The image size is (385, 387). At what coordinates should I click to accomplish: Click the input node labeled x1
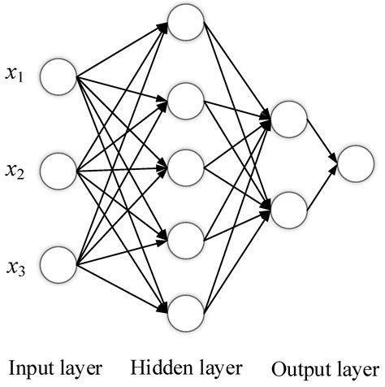[x=58, y=76]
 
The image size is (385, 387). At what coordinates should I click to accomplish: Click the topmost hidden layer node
[x=186, y=25]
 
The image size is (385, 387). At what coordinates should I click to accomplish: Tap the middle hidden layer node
[x=186, y=168]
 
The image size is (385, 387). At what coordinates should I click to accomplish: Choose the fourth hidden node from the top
[x=186, y=239]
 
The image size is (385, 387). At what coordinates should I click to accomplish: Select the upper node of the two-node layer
[x=288, y=118]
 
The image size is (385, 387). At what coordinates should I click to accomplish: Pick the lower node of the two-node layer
[x=288, y=208]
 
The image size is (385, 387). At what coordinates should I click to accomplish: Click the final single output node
[x=356, y=163]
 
